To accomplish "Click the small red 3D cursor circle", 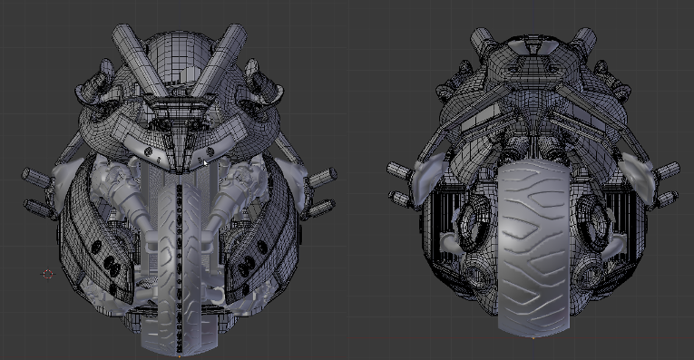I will pos(48,274).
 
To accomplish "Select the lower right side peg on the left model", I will pos(325,205).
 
